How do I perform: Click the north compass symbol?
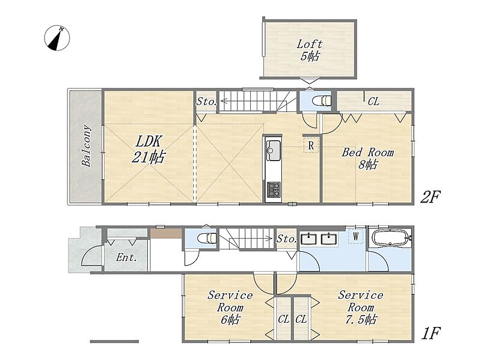[57, 38]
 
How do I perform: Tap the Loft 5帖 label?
[310, 50]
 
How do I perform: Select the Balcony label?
[87, 145]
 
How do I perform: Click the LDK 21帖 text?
[149, 149]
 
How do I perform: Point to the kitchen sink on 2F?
[274, 150]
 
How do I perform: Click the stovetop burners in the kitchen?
[274, 189]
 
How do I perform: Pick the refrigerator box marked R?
[311, 145]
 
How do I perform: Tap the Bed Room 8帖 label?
[368, 158]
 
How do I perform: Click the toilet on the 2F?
[321, 100]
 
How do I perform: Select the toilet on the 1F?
[207, 237]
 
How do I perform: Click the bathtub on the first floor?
[390, 237]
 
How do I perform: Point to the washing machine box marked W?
[356, 236]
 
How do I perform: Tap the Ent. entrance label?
[126, 257]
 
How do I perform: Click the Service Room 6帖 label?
[230, 307]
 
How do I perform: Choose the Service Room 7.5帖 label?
[361, 307]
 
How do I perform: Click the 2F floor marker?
[430, 197]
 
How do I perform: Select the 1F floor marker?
[430, 334]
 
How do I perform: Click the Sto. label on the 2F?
[206, 102]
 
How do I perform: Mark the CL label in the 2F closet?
[373, 101]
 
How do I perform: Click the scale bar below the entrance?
[114, 341]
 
